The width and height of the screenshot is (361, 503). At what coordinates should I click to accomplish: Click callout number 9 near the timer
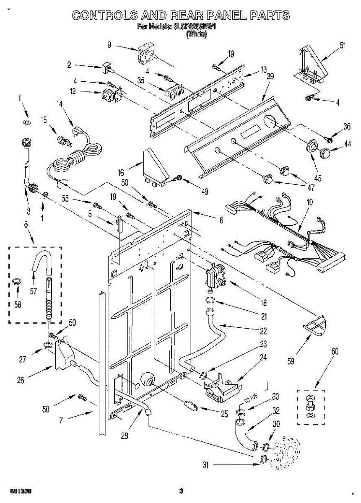point(109,45)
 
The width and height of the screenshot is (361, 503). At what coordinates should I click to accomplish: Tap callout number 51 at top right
point(343,46)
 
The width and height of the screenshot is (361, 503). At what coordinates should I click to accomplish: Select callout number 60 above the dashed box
point(334,351)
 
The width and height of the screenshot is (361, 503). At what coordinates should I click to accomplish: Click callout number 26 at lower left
point(21,380)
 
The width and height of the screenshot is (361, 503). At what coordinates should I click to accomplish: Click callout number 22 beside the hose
point(263,331)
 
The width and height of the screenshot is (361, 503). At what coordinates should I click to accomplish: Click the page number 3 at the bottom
point(181,491)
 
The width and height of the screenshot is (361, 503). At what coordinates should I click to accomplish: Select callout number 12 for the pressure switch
point(73,92)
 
